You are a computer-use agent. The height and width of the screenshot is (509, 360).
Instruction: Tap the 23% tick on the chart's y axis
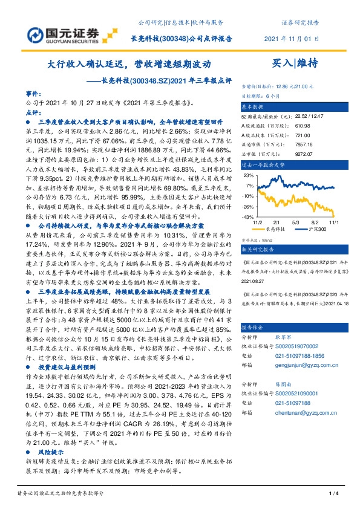pyautogui.click(x=249, y=175)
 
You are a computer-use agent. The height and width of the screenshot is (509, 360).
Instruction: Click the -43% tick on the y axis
pyautogui.click(x=248, y=216)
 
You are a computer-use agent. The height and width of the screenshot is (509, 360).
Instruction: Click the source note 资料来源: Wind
pyautogui.click(x=258, y=239)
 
